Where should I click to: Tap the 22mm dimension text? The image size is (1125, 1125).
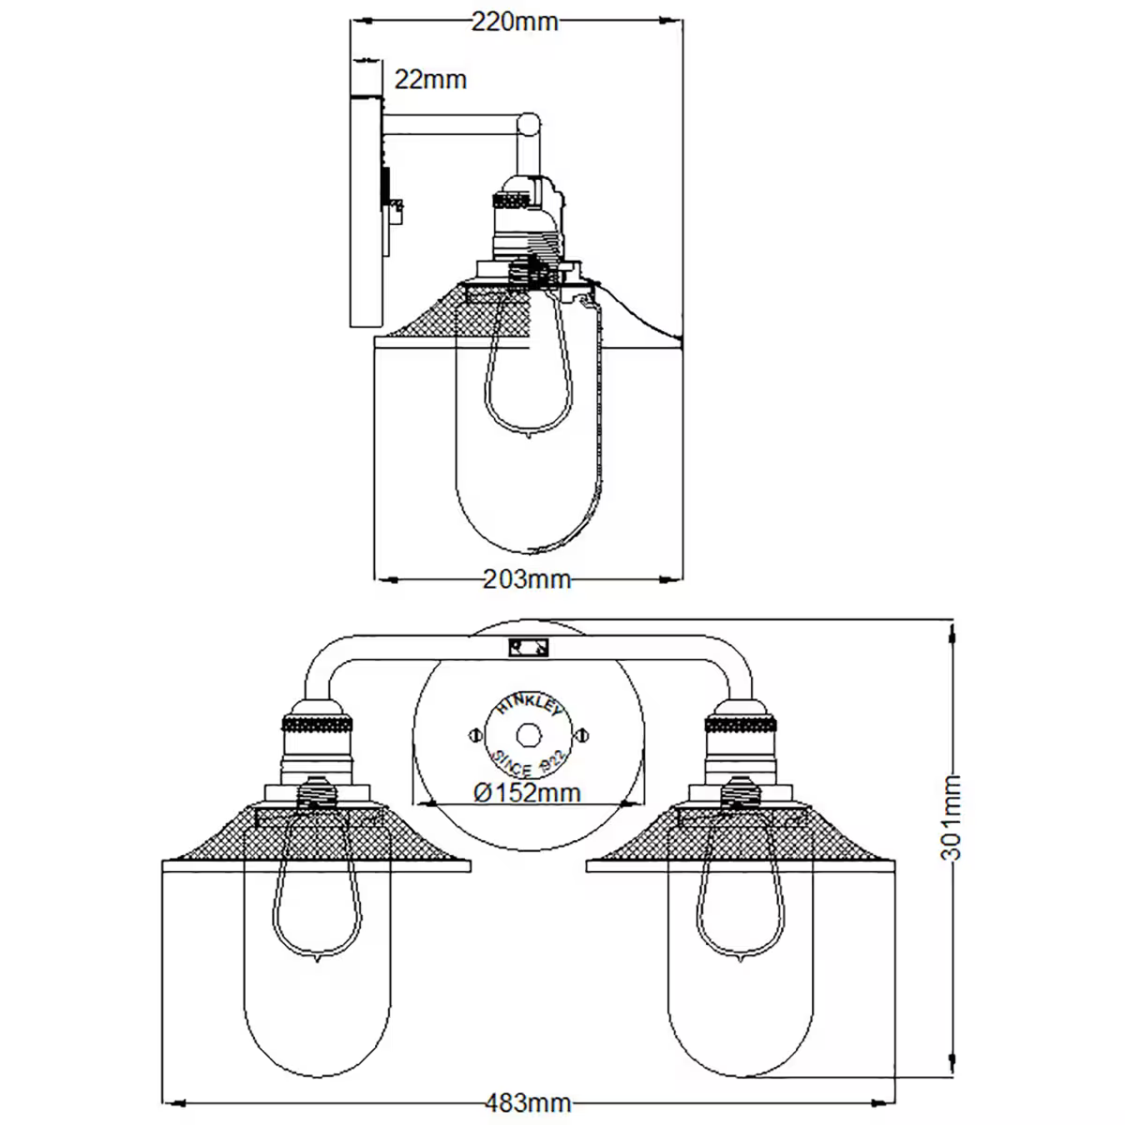pyautogui.click(x=429, y=80)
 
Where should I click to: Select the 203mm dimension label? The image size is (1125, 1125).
pyautogui.click(x=526, y=579)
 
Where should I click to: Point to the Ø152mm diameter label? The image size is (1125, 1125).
pyautogui.click(x=527, y=793)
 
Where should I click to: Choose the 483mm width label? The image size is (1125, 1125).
pyautogui.click(x=528, y=1102)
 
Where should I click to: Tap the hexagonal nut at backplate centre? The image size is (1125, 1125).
pyautogui.click(x=529, y=734)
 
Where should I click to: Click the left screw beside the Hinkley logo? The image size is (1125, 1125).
pyautogui.click(x=472, y=735)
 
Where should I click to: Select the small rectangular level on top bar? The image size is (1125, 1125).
pyautogui.click(x=529, y=648)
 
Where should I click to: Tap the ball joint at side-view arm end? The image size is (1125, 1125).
pyautogui.click(x=530, y=123)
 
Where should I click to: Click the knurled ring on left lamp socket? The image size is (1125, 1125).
pyautogui.click(x=319, y=725)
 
